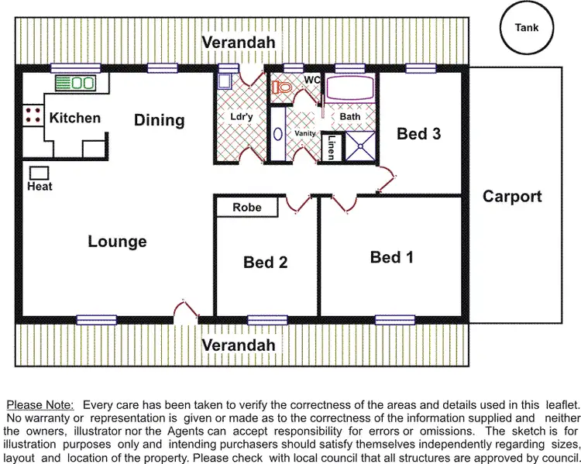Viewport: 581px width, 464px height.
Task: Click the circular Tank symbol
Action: pos(527,28)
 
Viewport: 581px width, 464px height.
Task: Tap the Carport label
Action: pos(512,197)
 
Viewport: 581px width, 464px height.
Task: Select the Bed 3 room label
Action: pos(419,134)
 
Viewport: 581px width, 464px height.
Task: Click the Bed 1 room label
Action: pos(391,257)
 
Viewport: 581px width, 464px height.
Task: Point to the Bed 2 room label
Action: pos(265,263)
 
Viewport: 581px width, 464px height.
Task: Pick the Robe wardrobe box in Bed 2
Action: pos(247,208)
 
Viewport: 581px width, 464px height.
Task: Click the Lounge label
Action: pos(117,242)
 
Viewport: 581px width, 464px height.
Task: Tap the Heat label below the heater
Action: pos(40,187)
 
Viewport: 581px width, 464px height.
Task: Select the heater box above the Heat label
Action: pos(40,173)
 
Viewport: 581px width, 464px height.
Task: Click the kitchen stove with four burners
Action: pos(33,116)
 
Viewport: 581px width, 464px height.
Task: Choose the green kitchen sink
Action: pos(74,82)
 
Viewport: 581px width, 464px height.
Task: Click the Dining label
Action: pos(160,120)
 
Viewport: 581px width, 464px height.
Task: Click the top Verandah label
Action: pos(239,43)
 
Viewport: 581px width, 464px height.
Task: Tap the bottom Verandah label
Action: pos(239,345)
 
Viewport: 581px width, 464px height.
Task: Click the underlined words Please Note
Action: pos(40,404)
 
